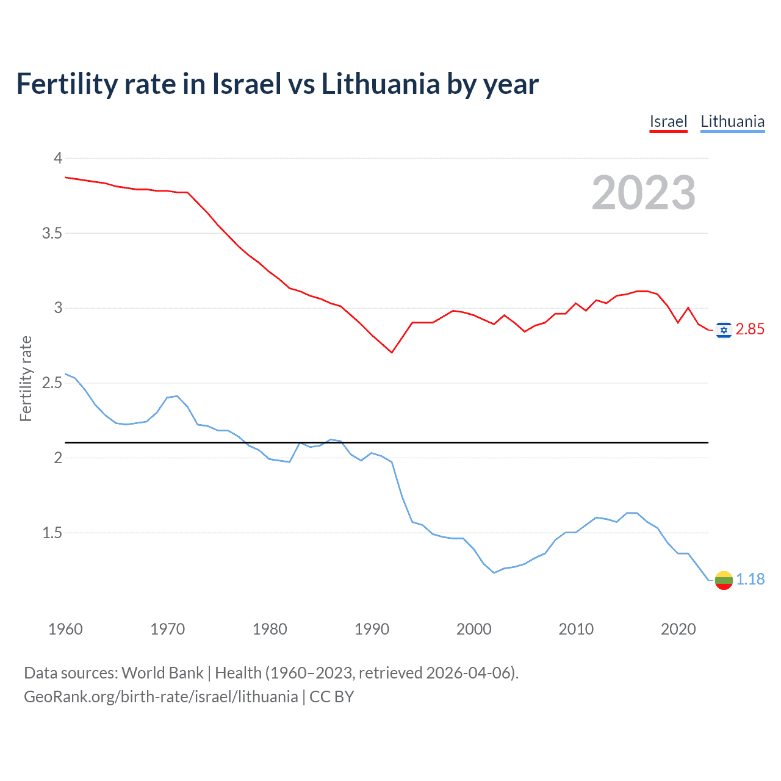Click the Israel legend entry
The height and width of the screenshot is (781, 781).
pyautogui.click(x=668, y=121)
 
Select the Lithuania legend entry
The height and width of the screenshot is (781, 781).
pyautogui.click(x=732, y=121)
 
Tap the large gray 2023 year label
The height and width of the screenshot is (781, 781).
pyautogui.click(x=643, y=193)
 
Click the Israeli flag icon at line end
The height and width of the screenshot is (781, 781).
pyautogui.click(x=724, y=330)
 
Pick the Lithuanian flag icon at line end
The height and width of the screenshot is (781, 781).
pyautogui.click(x=724, y=580)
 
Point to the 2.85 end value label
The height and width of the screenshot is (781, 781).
pyautogui.click(x=750, y=329)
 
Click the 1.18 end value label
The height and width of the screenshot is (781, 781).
pyautogui.click(x=750, y=579)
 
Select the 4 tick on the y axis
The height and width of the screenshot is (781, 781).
pyautogui.click(x=58, y=158)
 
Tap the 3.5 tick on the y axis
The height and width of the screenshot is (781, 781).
pyautogui.click(x=52, y=233)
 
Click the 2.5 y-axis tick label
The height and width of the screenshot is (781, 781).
pyautogui.click(x=52, y=383)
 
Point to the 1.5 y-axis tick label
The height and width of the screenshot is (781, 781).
pyautogui.click(x=52, y=533)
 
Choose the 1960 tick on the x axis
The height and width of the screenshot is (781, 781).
pyautogui.click(x=65, y=629)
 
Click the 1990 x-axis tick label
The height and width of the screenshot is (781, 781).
pyautogui.click(x=372, y=629)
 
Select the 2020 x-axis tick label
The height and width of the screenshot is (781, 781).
pyautogui.click(x=678, y=629)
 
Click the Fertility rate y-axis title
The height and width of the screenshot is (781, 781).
pyautogui.click(x=26, y=378)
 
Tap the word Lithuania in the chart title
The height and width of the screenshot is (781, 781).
pyautogui.click(x=380, y=84)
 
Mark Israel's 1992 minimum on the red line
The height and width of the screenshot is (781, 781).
pyautogui.click(x=392, y=353)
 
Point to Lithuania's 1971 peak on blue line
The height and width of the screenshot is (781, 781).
pyautogui.click(x=178, y=396)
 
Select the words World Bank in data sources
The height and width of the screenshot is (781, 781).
pyautogui.click(x=162, y=673)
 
